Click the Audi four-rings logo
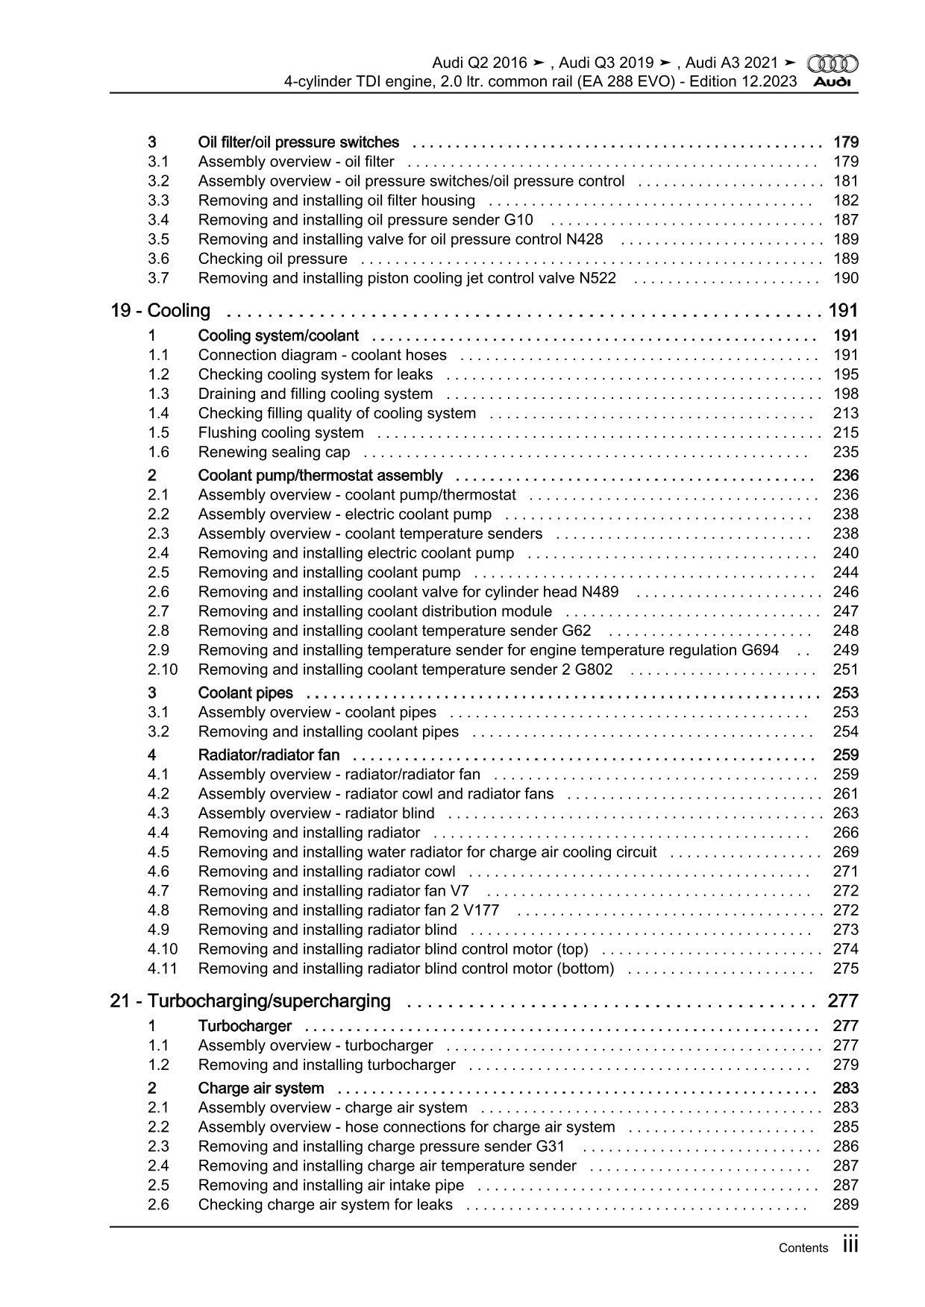pyautogui.click(x=832, y=64)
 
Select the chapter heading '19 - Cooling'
pyautogui.click(x=160, y=311)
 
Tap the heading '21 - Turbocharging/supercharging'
pyautogui.click(x=250, y=1001)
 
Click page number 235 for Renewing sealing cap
pyautogui.click(x=845, y=452)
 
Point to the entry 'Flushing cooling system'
pyautogui.click(x=280, y=432)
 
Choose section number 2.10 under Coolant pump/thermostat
pyautogui.click(x=162, y=670)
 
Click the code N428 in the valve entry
pyautogui.click(x=584, y=239)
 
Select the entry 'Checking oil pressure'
pyautogui.click(x=272, y=259)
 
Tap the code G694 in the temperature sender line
pyautogui.click(x=760, y=650)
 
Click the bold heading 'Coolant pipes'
pyautogui.click(x=245, y=693)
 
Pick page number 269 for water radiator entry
pyautogui.click(x=845, y=852)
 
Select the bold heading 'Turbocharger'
pyautogui.click(x=245, y=1026)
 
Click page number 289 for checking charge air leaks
pyautogui.click(x=845, y=1204)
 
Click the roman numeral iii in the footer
pyautogui.click(x=850, y=1245)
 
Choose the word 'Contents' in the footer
pyautogui.click(x=803, y=1247)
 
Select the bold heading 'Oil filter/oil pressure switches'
pyautogui.click(x=298, y=142)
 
